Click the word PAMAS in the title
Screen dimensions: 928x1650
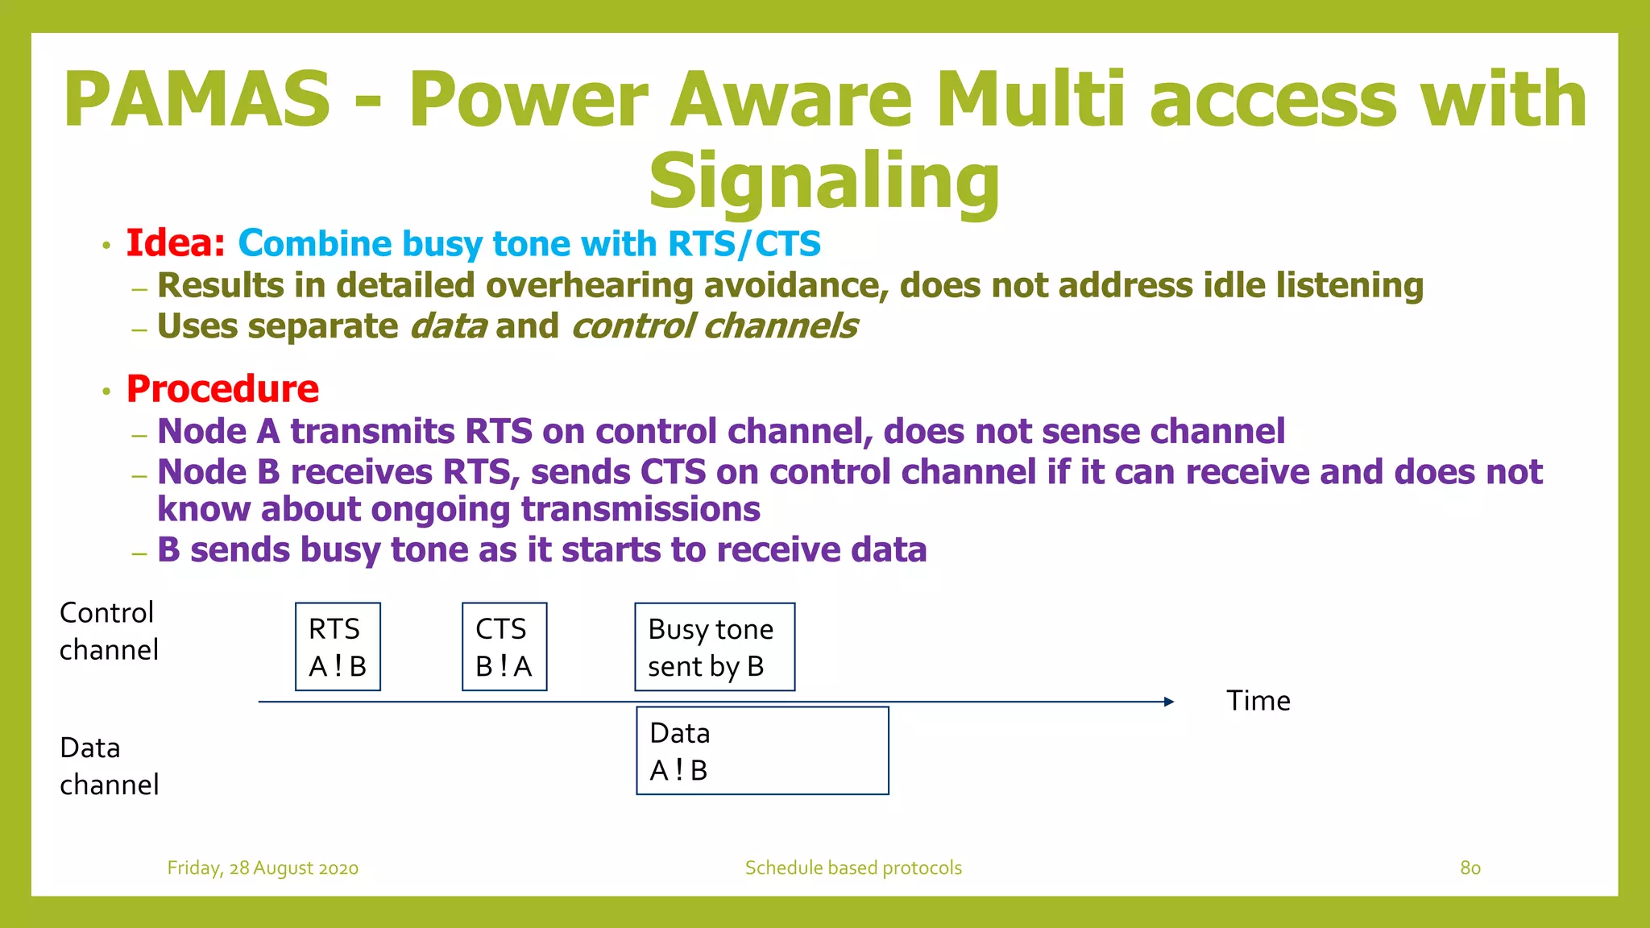coord(197,100)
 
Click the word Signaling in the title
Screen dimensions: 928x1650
coord(823,182)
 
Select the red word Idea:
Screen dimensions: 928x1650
coord(176,243)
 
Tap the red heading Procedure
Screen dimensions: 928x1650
coord(222,389)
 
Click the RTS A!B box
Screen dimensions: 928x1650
coord(338,647)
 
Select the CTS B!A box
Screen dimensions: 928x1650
coord(504,647)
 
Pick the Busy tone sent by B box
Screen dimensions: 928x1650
coord(715,647)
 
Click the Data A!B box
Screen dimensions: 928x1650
coord(762,751)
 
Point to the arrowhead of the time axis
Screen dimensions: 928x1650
coord(1169,702)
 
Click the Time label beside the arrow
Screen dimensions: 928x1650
coord(1258,701)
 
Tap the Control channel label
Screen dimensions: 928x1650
coord(109,631)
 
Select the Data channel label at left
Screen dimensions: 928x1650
coord(109,766)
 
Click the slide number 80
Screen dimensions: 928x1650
coord(1470,868)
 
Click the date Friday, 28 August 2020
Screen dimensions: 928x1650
coord(263,868)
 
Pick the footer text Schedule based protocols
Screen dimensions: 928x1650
coord(853,868)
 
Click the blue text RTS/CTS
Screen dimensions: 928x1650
coord(744,243)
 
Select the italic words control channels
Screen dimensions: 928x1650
coord(714,326)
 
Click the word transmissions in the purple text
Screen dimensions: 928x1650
coord(641,509)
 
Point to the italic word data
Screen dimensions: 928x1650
coord(448,326)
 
